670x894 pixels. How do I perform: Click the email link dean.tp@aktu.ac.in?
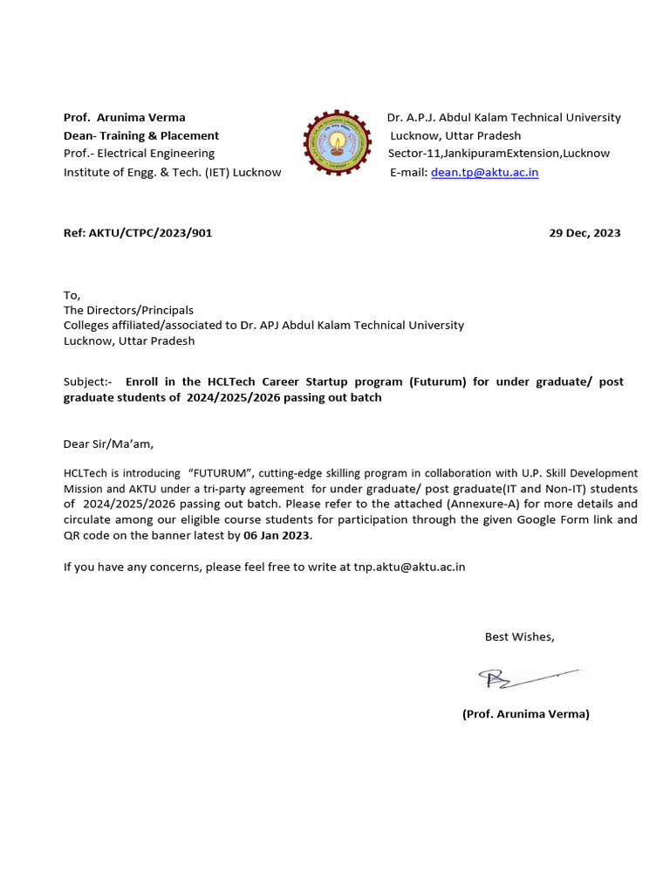tap(484, 172)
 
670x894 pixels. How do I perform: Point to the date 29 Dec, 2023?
tap(585, 233)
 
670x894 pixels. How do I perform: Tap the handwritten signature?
tap(516, 677)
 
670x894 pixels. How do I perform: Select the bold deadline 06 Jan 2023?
tap(277, 535)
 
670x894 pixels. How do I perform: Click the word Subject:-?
tap(88, 382)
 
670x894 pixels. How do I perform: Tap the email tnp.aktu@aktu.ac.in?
tap(409, 567)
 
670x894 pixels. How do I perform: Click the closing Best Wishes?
tap(519, 636)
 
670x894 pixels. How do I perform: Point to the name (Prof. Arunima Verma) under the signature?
tap(525, 713)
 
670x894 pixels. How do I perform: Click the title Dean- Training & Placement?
tap(140, 135)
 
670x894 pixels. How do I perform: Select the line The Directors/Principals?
tap(128, 310)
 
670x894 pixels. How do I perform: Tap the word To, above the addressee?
tap(72, 295)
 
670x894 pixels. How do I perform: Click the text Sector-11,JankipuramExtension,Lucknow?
tap(499, 154)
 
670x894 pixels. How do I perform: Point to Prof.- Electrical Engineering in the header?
tap(139, 154)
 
